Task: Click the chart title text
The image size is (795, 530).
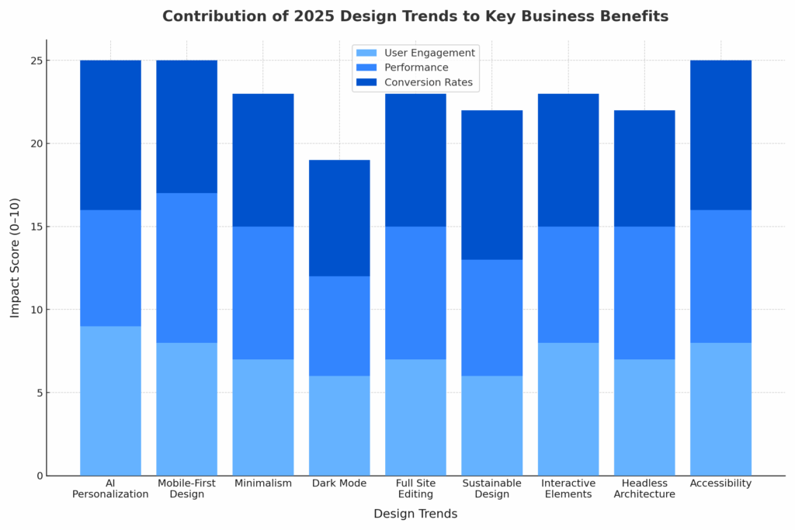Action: click(x=415, y=16)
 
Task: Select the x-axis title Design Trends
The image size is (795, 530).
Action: click(x=415, y=514)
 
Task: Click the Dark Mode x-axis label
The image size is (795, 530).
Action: click(x=339, y=483)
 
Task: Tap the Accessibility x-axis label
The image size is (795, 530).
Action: click(x=720, y=483)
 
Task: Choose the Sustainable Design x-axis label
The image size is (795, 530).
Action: click(x=491, y=489)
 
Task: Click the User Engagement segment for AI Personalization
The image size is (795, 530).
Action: click(x=110, y=400)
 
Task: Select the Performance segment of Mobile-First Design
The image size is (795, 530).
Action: click(x=186, y=268)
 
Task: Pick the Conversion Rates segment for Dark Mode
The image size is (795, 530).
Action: click(x=339, y=218)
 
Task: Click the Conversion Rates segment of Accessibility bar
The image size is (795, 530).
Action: click(x=720, y=135)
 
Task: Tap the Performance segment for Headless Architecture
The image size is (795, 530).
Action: click(x=644, y=293)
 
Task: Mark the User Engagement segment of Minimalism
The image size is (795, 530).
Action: click(x=263, y=417)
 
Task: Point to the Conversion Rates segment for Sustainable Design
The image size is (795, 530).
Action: click(x=491, y=185)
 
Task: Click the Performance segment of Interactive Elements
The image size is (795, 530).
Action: click(x=568, y=284)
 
